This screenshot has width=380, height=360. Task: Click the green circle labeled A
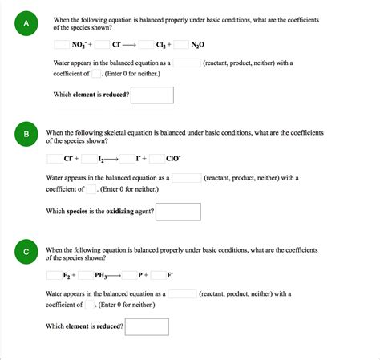tap(26, 24)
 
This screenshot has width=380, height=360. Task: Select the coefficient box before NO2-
tap(62, 45)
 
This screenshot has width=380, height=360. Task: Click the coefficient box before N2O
tap(181, 45)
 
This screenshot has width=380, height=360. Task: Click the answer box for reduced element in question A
tap(152, 95)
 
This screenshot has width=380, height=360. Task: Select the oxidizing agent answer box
tap(178, 212)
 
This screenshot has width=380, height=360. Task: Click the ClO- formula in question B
tap(172, 159)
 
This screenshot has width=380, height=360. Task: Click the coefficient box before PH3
tap(86, 275)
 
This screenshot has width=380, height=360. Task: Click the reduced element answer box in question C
tap(147, 326)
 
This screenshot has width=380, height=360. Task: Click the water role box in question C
tap(182, 294)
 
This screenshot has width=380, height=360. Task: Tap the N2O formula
tap(198, 46)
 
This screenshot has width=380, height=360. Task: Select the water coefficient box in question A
tap(96, 73)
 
